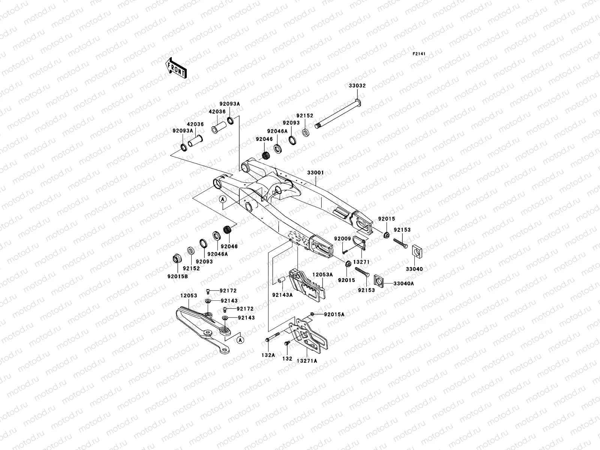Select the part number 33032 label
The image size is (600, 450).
tap(357, 85)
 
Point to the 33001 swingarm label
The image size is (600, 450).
tap(315, 173)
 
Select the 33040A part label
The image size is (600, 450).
tap(404, 283)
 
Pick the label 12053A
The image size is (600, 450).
tap(323, 274)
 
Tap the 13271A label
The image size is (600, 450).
tap(307, 361)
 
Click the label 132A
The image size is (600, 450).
tap(268, 355)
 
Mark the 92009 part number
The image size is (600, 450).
tap(342, 238)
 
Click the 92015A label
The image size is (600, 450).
tap(334, 315)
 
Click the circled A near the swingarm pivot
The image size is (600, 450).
tap(223, 199)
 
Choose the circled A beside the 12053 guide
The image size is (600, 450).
tap(240, 339)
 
